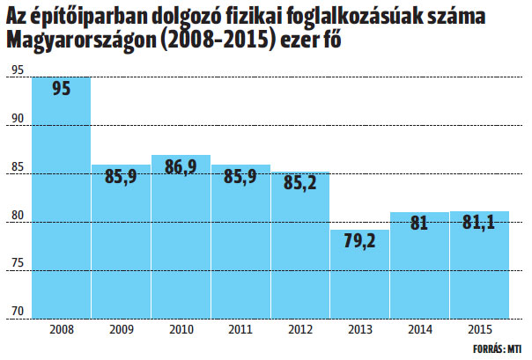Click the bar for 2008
(x=61, y=198)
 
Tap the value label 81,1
(x=479, y=224)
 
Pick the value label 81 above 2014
(x=419, y=224)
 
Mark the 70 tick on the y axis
(x=18, y=310)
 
